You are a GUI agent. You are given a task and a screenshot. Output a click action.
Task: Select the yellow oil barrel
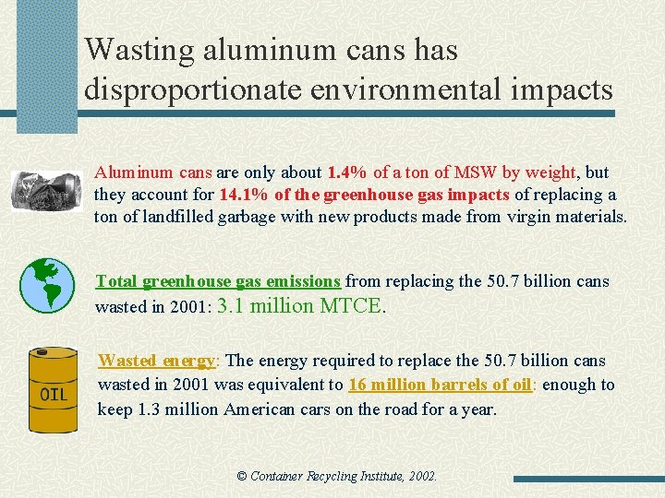click(x=54, y=390)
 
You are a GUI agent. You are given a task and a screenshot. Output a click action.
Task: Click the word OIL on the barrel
click(x=54, y=396)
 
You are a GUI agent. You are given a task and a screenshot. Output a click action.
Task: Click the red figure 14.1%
click(x=243, y=196)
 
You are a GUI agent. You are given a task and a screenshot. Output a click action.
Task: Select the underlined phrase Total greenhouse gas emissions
click(x=218, y=281)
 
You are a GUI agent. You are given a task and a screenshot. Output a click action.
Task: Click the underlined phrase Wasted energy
click(x=157, y=361)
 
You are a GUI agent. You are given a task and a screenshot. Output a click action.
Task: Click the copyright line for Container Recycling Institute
click(x=336, y=477)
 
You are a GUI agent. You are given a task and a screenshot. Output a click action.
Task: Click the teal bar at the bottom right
click(x=587, y=480)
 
